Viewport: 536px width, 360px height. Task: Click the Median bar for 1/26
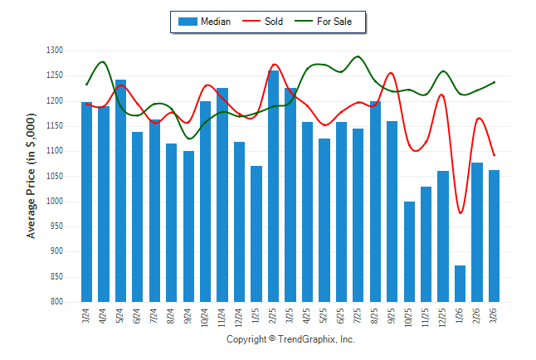460,284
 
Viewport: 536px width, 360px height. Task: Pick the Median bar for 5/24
121,191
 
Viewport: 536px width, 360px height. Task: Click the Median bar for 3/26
495,236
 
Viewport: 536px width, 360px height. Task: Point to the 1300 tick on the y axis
55,51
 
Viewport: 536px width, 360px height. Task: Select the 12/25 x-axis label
443,318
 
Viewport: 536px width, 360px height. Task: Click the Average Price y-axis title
32,177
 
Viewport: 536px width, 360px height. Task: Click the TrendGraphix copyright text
290,339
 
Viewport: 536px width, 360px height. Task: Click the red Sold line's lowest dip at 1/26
460,213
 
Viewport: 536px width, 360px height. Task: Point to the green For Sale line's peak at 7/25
358,56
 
